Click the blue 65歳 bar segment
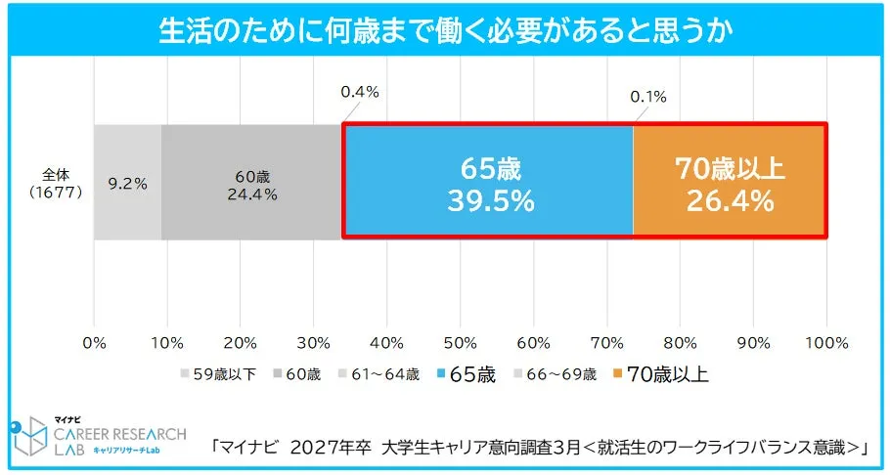[488, 181]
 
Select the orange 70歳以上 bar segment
[730, 181]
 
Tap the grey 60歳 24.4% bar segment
[252, 181]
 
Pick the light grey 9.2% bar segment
[127, 181]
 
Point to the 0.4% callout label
[359, 93]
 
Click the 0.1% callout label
[647, 96]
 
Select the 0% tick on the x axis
[94, 343]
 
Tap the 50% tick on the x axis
[460, 343]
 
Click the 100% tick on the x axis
[826, 343]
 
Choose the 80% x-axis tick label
[680, 343]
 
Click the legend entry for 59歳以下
[217, 373]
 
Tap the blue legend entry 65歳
[468, 373]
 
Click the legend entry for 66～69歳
[558, 373]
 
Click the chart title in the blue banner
[445, 30]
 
